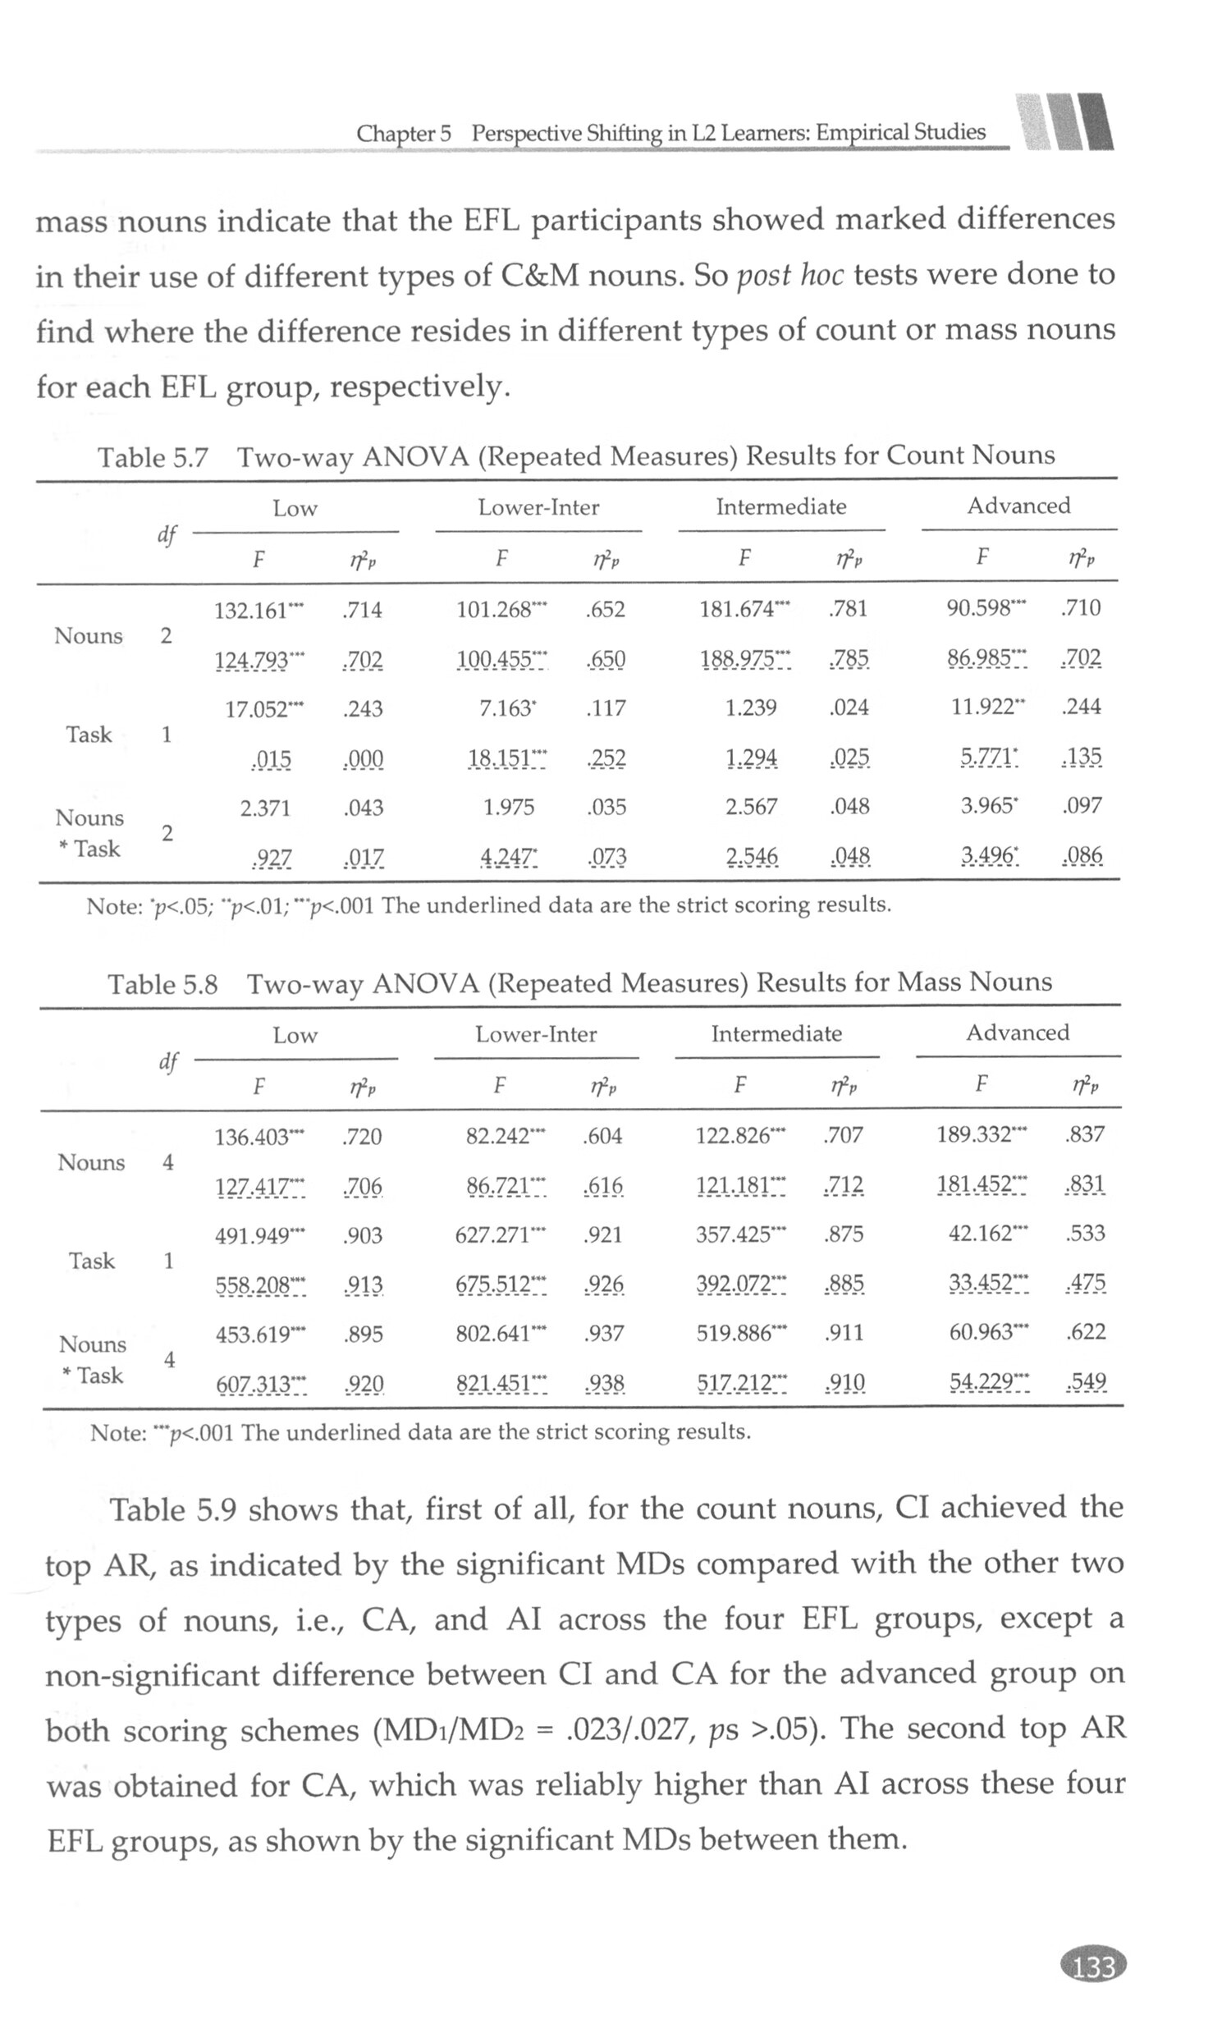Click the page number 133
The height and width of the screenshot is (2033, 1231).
tap(1092, 1967)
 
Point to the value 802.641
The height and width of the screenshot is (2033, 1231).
tap(492, 1335)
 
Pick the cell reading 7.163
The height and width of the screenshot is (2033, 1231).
tap(504, 709)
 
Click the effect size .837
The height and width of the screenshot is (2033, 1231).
tap(1085, 1134)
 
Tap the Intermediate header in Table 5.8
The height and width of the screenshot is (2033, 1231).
tap(776, 1034)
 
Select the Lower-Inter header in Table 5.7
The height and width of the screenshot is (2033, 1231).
tap(538, 507)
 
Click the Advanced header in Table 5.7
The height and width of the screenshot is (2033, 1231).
tap(1019, 506)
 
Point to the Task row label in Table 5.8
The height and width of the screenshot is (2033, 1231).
tap(92, 1261)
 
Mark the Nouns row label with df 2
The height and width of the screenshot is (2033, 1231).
tap(89, 636)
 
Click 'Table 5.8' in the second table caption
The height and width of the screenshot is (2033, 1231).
tap(162, 984)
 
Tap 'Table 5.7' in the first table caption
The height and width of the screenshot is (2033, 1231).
tap(153, 457)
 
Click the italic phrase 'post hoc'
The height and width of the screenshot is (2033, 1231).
tap(789, 275)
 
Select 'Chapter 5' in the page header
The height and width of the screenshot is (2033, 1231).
tap(404, 134)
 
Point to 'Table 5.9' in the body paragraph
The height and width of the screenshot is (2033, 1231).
tap(173, 1510)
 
